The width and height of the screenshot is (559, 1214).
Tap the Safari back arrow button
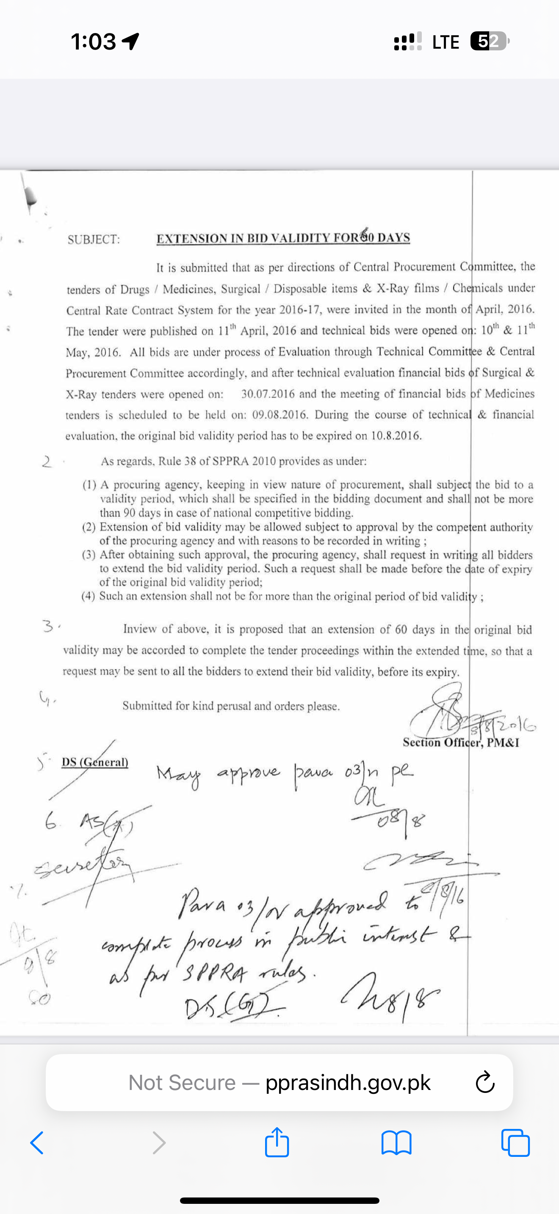pyautogui.click(x=37, y=1143)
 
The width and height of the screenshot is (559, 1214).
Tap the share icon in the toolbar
pyautogui.click(x=277, y=1142)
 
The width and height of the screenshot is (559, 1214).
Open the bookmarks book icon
pyautogui.click(x=396, y=1143)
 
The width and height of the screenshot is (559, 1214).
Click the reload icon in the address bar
pyautogui.click(x=485, y=1082)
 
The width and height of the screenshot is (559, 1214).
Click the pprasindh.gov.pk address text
pyautogui.click(x=348, y=1082)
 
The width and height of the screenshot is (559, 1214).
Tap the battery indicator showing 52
pyautogui.click(x=489, y=41)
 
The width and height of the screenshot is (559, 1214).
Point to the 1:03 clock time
pyautogui.click(x=93, y=41)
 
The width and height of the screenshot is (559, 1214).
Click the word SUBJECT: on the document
pyautogui.click(x=94, y=240)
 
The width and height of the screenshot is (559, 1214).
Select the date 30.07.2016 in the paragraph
pyautogui.click(x=268, y=394)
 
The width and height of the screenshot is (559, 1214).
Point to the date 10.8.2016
pyautogui.click(x=396, y=436)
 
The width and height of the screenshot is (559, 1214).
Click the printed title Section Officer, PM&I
pyautogui.click(x=460, y=743)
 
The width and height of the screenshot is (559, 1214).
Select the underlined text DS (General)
pyautogui.click(x=95, y=762)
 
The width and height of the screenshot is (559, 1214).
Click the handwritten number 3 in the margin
pyautogui.click(x=49, y=626)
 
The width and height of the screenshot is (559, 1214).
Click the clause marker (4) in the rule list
pyautogui.click(x=89, y=596)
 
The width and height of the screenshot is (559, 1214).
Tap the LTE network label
pyautogui.click(x=446, y=42)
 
